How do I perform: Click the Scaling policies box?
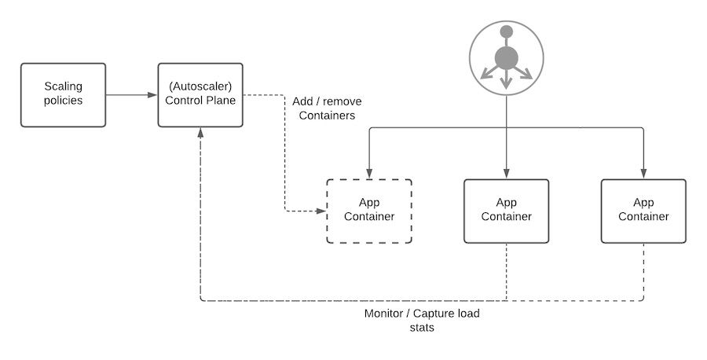point(63,95)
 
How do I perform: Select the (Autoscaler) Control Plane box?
point(201,95)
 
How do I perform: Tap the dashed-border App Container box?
point(369,211)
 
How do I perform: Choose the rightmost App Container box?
point(643,211)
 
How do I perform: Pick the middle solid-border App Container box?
point(507,211)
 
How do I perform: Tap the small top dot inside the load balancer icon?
point(507,31)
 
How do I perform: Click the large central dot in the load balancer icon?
point(507,57)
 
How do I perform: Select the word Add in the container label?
point(304,102)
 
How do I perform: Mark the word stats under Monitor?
point(422,327)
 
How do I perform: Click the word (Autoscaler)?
point(201,86)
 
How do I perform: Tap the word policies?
point(63,101)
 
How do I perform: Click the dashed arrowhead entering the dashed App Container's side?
point(321,211)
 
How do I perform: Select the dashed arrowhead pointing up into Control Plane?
point(202,132)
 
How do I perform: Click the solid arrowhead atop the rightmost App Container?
point(643,174)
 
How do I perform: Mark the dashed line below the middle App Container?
point(507,271)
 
